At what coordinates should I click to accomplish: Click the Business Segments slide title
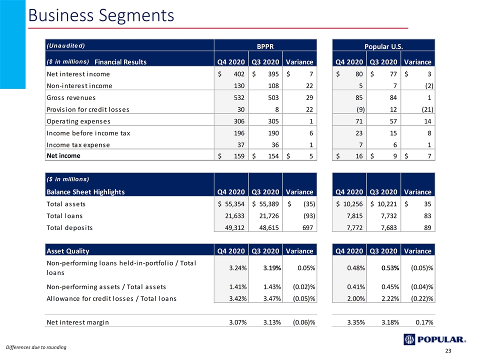[x=101, y=15]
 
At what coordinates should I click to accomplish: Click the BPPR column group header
[x=265, y=46]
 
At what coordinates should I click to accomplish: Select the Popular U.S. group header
[x=383, y=46]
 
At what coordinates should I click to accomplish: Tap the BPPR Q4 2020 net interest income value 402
[x=239, y=74]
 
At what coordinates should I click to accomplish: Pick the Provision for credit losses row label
[x=88, y=109]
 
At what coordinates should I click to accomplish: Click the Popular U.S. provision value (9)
[x=360, y=109]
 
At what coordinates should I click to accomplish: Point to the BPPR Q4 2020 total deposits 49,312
[x=234, y=228]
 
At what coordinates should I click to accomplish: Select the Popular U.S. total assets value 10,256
[x=352, y=204]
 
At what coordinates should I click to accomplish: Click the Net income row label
[x=63, y=156]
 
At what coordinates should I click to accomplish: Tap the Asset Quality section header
[x=67, y=251]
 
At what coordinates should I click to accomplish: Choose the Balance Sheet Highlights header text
[x=85, y=192]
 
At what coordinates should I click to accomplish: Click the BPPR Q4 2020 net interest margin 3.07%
[x=238, y=322]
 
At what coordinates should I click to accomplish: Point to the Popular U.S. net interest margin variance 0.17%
[x=424, y=322]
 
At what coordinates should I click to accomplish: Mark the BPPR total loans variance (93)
[x=309, y=216]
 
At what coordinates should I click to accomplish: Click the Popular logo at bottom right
[x=434, y=339]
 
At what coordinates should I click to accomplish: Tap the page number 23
[x=448, y=351]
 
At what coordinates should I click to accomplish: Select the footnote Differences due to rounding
[x=36, y=347]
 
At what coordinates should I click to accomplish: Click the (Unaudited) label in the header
[x=65, y=45]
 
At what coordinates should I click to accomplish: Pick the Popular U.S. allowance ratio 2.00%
[x=356, y=299]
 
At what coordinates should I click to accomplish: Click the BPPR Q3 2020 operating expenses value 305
[x=273, y=121]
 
